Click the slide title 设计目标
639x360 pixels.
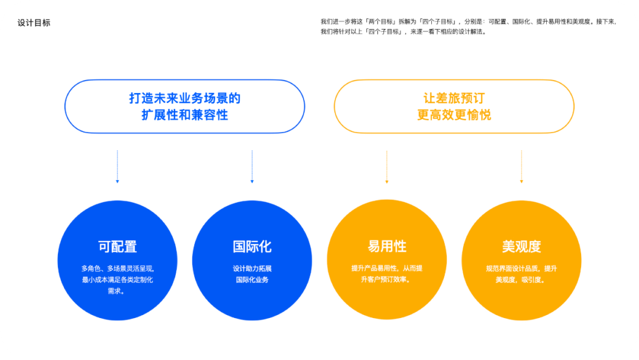[34, 23]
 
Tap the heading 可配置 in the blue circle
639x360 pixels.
[117, 246]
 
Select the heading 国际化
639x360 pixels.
[252, 246]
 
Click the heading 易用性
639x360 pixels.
[387, 246]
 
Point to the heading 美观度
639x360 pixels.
[521, 246]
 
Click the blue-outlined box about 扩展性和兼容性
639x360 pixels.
[185, 107]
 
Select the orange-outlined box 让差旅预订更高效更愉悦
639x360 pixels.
[454, 107]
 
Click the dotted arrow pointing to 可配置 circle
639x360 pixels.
[117, 166]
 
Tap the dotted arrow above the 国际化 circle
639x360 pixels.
[252, 166]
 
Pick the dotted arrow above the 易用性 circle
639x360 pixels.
[387, 166]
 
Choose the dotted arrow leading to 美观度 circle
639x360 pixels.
[521, 166]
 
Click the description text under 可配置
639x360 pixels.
[117, 279]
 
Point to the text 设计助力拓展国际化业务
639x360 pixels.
[252, 274]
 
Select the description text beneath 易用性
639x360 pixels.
[387, 274]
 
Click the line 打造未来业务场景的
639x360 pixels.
[185, 98]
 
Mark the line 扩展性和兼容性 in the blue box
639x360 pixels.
[185, 115]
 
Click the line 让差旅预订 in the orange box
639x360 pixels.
[454, 98]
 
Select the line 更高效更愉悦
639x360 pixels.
[454, 115]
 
